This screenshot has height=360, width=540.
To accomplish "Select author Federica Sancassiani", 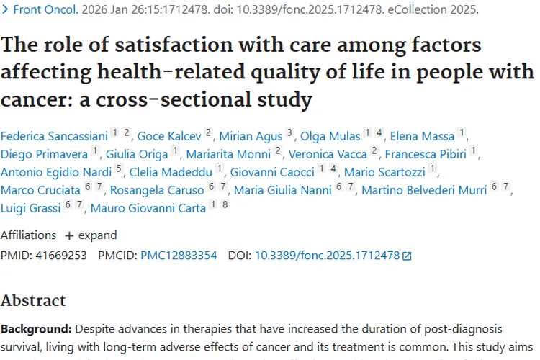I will click(53, 136).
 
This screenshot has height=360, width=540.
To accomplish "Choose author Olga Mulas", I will click(329, 136).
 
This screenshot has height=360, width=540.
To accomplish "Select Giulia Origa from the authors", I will click(137, 154).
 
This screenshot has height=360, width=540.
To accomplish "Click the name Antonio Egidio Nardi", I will click(55, 172).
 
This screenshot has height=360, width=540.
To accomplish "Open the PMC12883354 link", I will click(179, 255).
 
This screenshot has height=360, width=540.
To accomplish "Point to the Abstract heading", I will click(33, 300).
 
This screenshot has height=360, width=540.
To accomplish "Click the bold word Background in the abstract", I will click(35, 329).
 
